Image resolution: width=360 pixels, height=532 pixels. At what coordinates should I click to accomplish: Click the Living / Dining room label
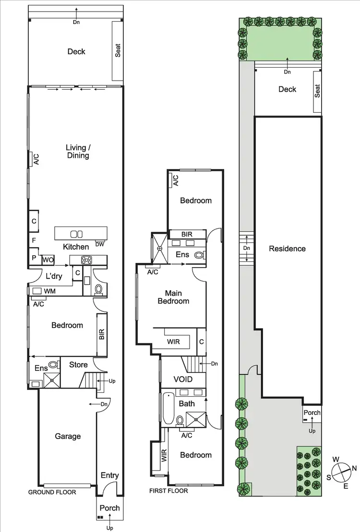pyautogui.click(x=77, y=152)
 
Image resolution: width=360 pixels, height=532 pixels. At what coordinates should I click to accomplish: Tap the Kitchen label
pyautogui.click(x=76, y=247)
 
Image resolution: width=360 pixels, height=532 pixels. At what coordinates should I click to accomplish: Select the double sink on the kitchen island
pyautogui.click(x=76, y=234)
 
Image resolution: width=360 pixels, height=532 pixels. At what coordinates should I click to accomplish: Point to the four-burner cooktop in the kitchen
pyautogui.click(x=87, y=260)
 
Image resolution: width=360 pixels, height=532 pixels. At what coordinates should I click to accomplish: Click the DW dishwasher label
pyautogui.click(x=99, y=244)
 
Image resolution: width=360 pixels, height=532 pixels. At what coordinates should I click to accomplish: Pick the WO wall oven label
pyautogui.click(x=48, y=260)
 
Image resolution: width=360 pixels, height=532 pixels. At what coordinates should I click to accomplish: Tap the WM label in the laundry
pyautogui.click(x=49, y=291)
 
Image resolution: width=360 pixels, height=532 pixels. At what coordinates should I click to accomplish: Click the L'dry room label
pyautogui.click(x=55, y=276)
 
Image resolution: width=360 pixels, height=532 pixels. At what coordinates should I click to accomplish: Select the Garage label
pyautogui.click(x=68, y=436)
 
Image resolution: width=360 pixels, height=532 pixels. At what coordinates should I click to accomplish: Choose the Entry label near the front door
pyautogui.click(x=109, y=475)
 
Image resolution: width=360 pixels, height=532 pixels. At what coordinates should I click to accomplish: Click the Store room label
pyautogui.click(x=78, y=365)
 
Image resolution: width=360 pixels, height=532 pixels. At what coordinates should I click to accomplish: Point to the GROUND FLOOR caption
pyautogui.click(x=52, y=492)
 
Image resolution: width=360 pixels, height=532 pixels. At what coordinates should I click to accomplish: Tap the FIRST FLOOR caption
pyautogui.click(x=168, y=491)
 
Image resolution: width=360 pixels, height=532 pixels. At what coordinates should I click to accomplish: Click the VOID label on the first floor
pyautogui.click(x=183, y=379)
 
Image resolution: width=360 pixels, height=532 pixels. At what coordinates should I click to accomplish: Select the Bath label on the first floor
pyautogui.click(x=187, y=403)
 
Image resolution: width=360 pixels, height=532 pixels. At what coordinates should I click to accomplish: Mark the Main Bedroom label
pyautogui.click(x=177, y=297)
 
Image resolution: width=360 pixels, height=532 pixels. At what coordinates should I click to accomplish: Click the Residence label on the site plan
pyautogui.click(x=287, y=248)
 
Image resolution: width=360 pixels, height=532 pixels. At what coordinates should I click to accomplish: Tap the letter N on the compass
pyautogui.click(x=354, y=468)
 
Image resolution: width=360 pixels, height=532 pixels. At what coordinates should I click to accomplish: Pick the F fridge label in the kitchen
pyautogui.click(x=34, y=239)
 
